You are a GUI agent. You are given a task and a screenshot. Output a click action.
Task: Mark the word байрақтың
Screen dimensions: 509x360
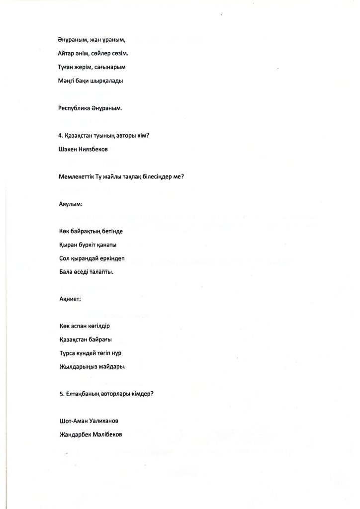[88, 232]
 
